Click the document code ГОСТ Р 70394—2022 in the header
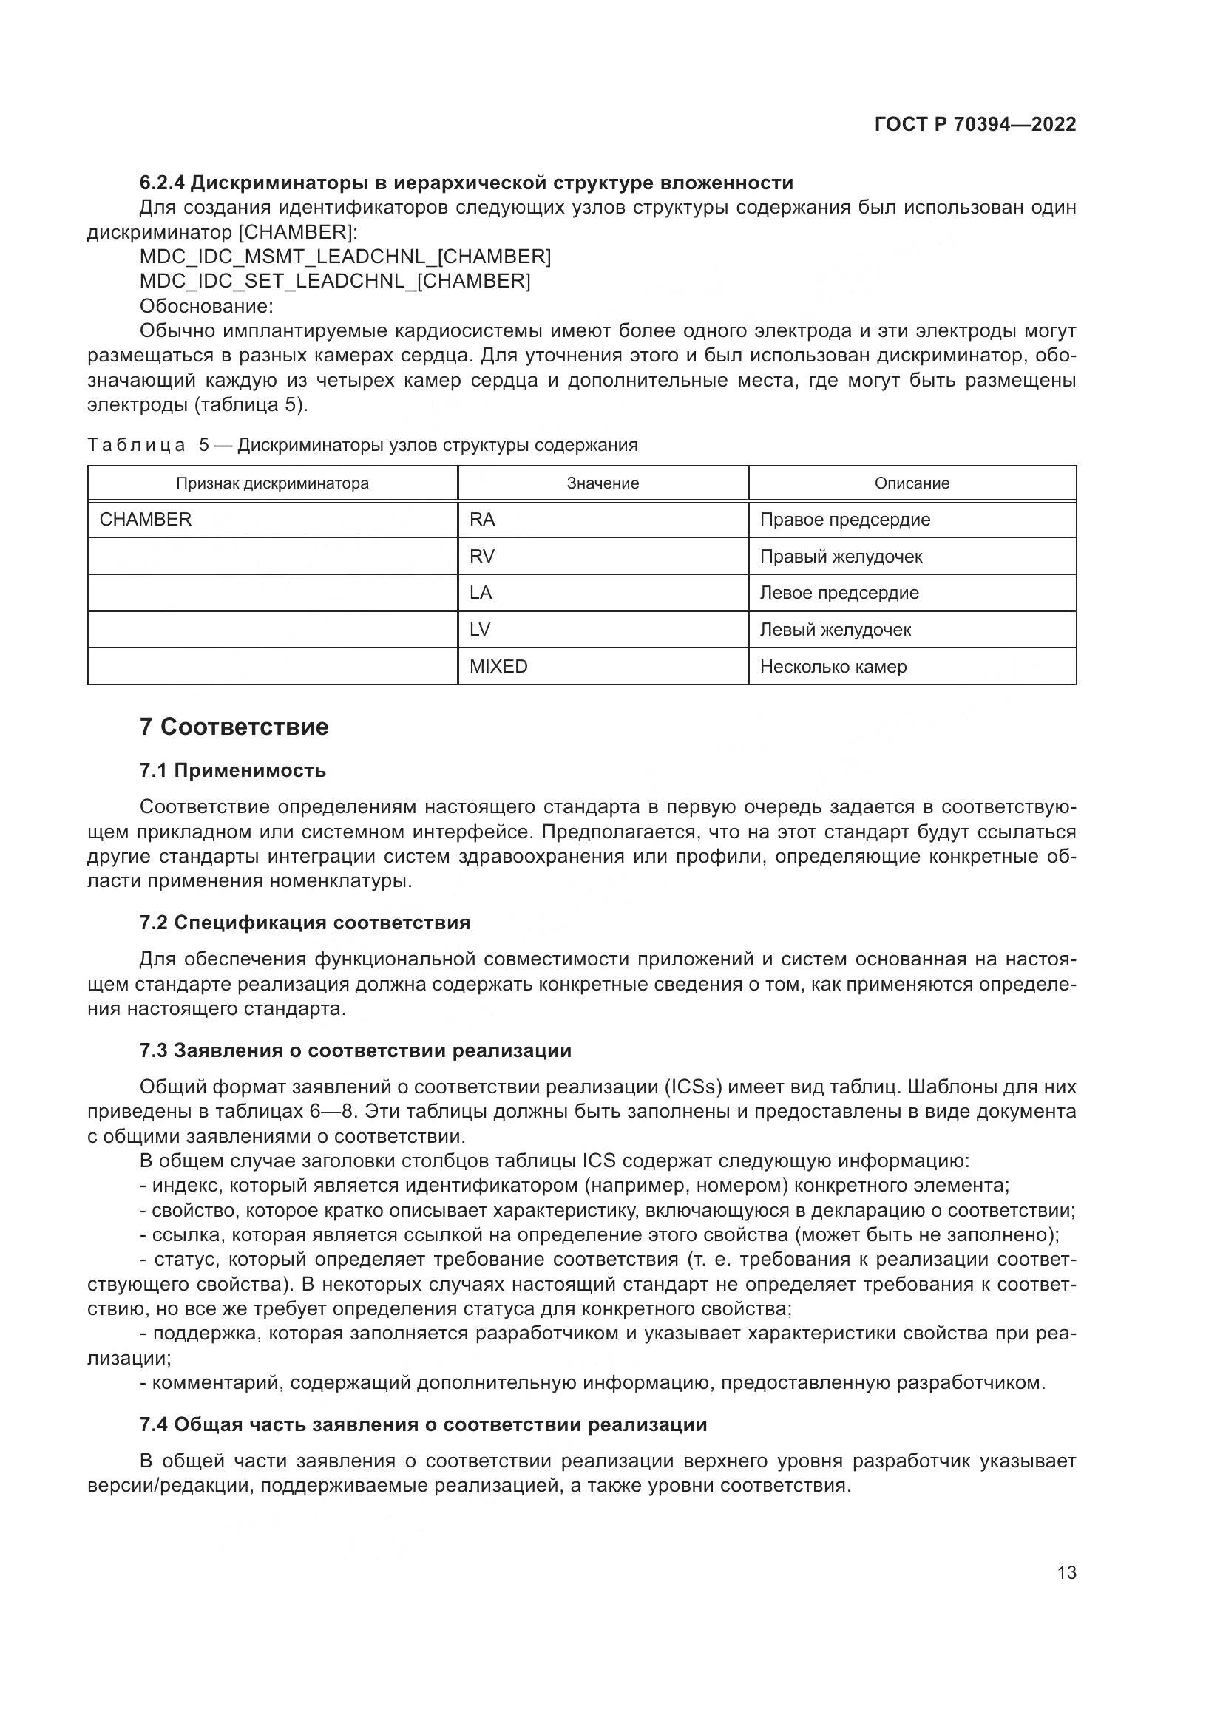click(975, 124)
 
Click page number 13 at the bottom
click(1066, 1573)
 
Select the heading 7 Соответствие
click(234, 727)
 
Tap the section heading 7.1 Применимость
click(232, 770)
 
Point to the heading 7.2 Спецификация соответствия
click(304, 923)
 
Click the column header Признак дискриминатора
click(272, 483)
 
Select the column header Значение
click(603, 483)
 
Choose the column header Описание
click(911, 483)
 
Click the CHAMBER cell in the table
click(146, 520)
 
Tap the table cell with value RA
click(482, 520)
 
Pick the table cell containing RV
click(482, 557)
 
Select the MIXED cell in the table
click(498, 667)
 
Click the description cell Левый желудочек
click(834, 630)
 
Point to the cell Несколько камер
click(833, 667)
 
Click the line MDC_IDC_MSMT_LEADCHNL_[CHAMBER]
click(345, 257)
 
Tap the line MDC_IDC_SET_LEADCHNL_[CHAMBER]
click(335, 281)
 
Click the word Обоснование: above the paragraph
click(206, 307)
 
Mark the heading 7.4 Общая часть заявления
click(422, 1424)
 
